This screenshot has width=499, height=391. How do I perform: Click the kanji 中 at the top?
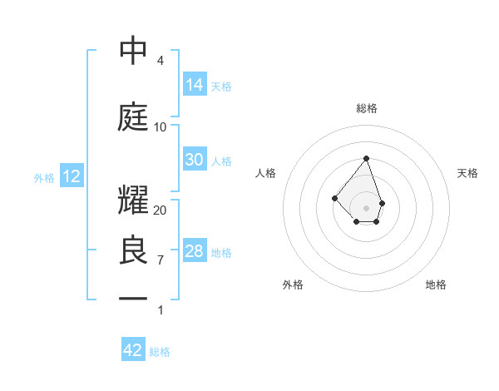pos(133,51)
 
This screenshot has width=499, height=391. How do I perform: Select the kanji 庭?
pos(133,117)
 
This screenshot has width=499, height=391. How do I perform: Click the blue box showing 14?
pos(195,85)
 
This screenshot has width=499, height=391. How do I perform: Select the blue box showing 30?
pos(195,160)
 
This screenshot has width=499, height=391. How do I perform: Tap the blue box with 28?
pos(195,251)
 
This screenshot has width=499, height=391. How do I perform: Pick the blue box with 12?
pos(71,176)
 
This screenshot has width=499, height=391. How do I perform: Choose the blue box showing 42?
pos(133,350)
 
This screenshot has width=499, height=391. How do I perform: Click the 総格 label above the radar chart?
pos(366,108)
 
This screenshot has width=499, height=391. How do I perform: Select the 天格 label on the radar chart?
pos(467,173)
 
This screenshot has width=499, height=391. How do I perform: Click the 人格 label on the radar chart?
pos(266,173)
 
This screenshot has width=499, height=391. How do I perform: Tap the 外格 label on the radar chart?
pos(293,285)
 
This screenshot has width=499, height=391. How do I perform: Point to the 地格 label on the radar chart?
pos(436,285)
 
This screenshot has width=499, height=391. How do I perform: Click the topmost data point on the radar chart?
pos(366,158)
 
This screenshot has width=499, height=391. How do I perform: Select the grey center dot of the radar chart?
pos(366,207)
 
